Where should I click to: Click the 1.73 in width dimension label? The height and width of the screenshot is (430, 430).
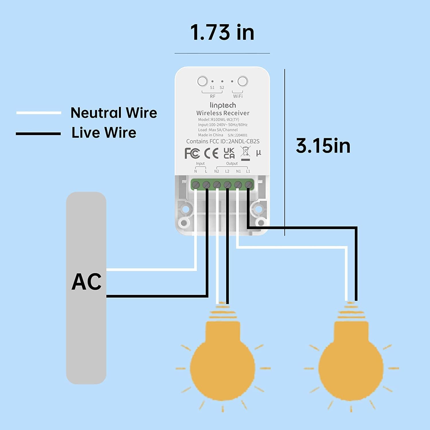click(x=222, y=32)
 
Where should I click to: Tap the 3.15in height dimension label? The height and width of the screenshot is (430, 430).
click(x=323, y=146)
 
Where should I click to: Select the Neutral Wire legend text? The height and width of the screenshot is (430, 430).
click(x=114, y=113)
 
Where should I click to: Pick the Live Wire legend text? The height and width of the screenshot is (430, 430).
click(x=104, y=132)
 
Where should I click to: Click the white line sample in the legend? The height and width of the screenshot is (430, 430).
click(x=39, y=113)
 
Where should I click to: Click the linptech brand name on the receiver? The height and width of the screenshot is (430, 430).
click(x=223, y=105)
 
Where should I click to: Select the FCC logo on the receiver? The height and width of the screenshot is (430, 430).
click(x=192, y=153)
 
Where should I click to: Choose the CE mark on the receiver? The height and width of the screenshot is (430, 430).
click(x=211, y=153)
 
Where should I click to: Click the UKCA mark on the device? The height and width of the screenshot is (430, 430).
click(x=229, y=153)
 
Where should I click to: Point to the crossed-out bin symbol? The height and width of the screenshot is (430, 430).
click(x=245, y=153)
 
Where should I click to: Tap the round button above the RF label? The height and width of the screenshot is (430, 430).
click(x=202, y=81)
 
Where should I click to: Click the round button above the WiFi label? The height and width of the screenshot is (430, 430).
click(x=243, y=81)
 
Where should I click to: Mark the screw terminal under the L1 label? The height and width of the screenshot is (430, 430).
click(x=249, y=185)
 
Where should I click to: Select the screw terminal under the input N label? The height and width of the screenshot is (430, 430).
click(x=196, y=185)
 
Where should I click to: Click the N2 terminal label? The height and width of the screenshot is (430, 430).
click(x=216, y=171)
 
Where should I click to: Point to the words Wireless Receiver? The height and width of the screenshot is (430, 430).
click(x=223, y=113)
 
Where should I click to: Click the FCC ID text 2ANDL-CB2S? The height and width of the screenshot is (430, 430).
click(x=244, y=141)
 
